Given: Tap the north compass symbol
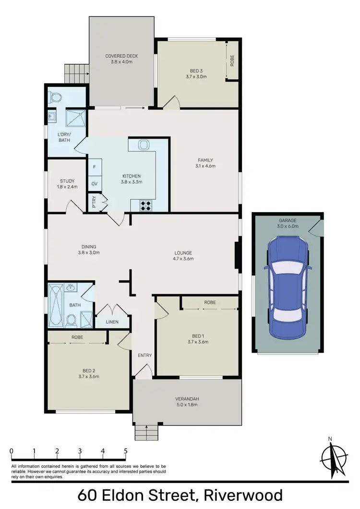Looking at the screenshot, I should click(x=332, y=458).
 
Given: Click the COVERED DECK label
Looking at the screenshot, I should click(x=121, y=59).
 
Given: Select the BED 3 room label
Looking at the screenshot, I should click(x=196, y=73).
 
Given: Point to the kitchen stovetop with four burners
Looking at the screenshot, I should click(x=145, y=205).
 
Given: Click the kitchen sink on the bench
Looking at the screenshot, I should click(x=144, y=145).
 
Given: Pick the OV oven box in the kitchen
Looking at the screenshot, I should click(x=94, y=184).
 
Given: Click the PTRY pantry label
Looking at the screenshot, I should click(x=94, y=201).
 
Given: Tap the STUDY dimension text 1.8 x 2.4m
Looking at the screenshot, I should click(x=67, y=187).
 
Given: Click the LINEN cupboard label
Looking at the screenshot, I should click(x=113, y=322).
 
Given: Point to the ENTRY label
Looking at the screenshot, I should click(x=144, y=355).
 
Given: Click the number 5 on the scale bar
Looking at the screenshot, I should click(x=126, y=451).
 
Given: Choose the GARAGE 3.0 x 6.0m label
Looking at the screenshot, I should click(x=288, y=223).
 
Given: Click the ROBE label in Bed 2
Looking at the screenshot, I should click(x=77, y=337).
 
